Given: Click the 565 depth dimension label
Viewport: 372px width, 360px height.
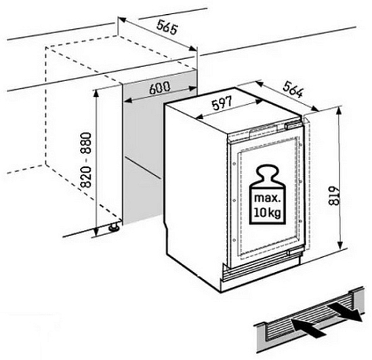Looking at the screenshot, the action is tap(167, 27).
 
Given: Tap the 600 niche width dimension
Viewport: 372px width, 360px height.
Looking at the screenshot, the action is tap(160, 88).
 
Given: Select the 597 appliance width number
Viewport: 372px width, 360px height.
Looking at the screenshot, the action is tap(222, 104).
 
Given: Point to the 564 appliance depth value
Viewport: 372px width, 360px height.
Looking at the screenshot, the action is tap(293, 89).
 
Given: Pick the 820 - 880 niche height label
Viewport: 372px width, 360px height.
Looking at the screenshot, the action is tap(86, 160).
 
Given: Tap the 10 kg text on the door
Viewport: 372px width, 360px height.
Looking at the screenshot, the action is tap(268, 212).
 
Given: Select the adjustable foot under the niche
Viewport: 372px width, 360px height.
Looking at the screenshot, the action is tap(114, 226).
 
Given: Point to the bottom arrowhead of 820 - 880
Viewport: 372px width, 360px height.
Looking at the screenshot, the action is tap(96, 232).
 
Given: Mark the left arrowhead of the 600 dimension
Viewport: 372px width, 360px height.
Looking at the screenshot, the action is tap(128, 101).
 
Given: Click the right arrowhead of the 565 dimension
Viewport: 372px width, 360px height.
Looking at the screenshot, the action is tap(193, 49).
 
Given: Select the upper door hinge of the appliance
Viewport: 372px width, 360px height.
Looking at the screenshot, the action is tap(294, 125).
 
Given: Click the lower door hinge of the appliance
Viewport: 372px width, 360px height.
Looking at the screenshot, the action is tap(295, 252).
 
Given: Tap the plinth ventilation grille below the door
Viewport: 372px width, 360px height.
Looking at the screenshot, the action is tap(260, 270).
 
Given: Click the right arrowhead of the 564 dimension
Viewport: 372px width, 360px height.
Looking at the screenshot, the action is tap(314, 108).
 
